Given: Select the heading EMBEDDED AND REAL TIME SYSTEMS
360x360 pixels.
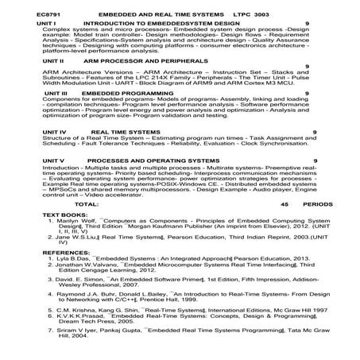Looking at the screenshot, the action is (x=157, y=14).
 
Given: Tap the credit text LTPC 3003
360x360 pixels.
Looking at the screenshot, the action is (x=252, y=14).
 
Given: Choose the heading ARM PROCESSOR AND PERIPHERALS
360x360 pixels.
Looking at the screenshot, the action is (x=130, y=61).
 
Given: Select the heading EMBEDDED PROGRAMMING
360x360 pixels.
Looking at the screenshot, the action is (x=112, y=93).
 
